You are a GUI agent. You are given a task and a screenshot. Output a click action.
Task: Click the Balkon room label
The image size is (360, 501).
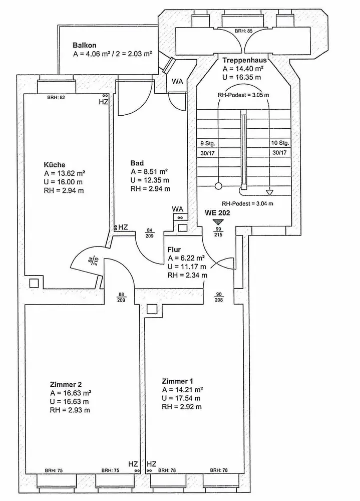point(85,45)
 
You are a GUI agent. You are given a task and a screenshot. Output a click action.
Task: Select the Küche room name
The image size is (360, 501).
point(55,164)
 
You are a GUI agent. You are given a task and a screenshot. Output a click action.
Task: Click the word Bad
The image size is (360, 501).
point(137,163)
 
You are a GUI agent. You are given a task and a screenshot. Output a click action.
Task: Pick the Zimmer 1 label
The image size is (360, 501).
point(177,381)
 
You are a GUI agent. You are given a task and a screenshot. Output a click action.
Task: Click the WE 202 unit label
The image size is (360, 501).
point(217,212)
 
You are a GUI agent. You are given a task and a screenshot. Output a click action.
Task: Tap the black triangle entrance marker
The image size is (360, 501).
point(217,221)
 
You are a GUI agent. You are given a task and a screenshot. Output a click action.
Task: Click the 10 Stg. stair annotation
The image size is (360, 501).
point(280,142)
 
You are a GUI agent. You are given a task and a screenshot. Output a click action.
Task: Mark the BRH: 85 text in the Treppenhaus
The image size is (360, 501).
point(243,31)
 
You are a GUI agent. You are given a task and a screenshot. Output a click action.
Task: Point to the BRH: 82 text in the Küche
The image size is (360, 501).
point(56,97)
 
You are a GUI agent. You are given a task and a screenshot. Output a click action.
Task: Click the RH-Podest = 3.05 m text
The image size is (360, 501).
point(243,95)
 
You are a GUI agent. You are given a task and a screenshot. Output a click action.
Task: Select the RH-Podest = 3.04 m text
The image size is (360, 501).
point(247,204)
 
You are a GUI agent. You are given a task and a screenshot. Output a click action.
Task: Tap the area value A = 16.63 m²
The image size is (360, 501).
point(70,393)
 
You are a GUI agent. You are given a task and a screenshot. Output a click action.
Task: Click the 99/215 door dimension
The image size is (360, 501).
point(218,231)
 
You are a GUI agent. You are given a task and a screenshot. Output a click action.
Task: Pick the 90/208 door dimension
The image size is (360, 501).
point(219,296)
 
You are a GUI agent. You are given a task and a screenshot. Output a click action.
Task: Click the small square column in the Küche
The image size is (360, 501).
point(34,283)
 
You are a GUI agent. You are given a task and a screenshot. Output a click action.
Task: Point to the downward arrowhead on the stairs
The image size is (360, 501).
point(269,192)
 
